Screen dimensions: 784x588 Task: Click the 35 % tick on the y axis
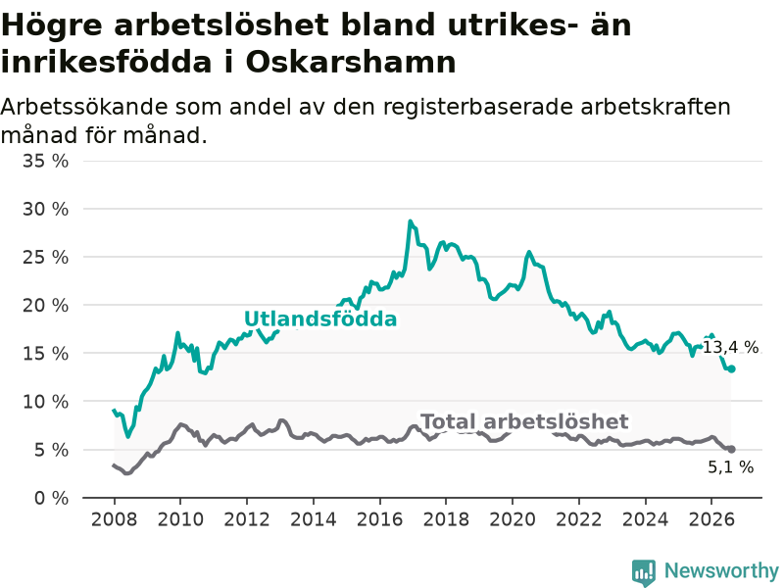pos(45,161)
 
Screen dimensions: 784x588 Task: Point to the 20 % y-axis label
pos(45,305)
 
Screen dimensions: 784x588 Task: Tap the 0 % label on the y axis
pos(51,498)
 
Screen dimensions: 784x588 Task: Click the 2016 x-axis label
pos(379,519)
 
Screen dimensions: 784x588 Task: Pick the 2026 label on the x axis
pos(711,519)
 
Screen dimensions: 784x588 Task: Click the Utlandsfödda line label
pos(320,319)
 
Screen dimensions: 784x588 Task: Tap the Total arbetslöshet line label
pos(524,421)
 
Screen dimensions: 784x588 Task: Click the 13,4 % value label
pos(731,347)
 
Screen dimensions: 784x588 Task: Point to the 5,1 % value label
pos(731,466)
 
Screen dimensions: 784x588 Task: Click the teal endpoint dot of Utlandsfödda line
pos(731,369)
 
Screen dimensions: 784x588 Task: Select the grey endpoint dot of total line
pos(731,450)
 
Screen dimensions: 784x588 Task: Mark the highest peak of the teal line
pos(410,221)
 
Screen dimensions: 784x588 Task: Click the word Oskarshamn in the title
pos(351,63)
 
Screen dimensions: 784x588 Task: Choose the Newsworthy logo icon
pos(644,572)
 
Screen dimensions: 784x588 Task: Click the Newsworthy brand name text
pos(721,570)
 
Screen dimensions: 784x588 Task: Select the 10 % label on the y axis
pos(45,402)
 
